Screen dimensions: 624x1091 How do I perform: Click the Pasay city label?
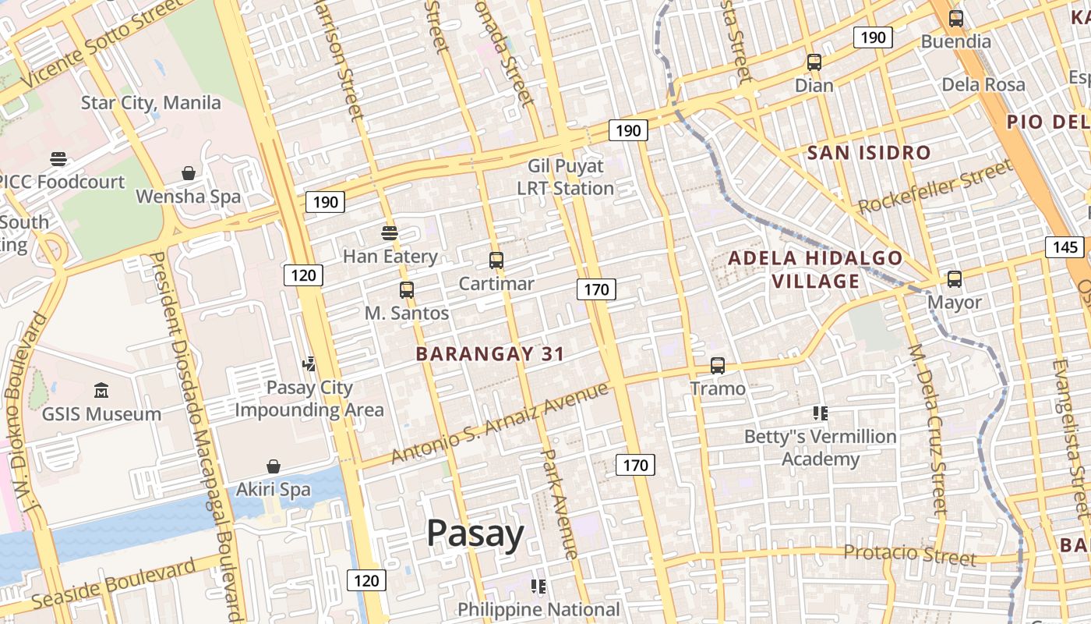click(x=475, y=534)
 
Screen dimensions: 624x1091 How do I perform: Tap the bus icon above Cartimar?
click(x=496, y=261)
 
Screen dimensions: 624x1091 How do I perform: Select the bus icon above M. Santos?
click(x=406, y=290)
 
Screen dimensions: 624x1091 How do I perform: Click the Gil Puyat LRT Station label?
click(x=566, y=177)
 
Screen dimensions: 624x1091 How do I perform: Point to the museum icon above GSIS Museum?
click(x=101, y=390)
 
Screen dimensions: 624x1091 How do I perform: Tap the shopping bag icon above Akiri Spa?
click(x=274, y=466)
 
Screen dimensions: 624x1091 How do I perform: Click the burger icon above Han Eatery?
click(x=390, y=232)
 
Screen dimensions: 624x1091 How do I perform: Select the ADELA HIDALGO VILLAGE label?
click(x=815, y=269)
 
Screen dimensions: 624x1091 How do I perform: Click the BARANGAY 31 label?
click(x=489, y=353)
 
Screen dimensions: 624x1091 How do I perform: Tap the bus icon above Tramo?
click(x=718, y=365)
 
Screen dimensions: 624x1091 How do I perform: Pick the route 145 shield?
click(x=1065, y=247)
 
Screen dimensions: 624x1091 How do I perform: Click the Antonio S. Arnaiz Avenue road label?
click(x=499, y=423)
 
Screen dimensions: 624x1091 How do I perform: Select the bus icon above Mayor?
click(x=955, y=278)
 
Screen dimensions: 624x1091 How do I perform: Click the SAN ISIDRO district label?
click(x=869, y=152)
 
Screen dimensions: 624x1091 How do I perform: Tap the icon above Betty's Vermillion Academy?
click(x=820, y=413)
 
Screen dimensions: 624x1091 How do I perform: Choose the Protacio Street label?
click(x=909, y=555)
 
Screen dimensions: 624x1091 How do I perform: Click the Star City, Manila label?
click(x=151, y=103)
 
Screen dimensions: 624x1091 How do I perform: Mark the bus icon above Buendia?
click(x=956, y=19)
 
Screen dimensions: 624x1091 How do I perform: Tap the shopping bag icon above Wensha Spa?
click(x=189, y=172)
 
